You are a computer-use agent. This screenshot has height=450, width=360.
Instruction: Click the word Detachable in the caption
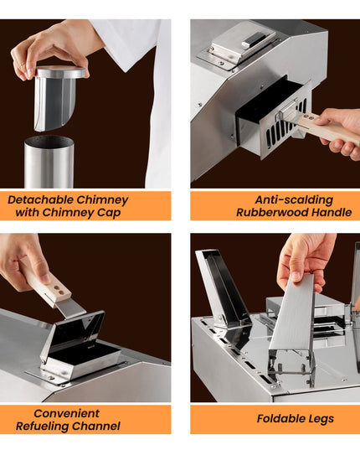pyautogui.click(x=41, y=199)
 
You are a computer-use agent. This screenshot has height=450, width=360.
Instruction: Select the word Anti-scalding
pyautogui.click(x=294, y=199)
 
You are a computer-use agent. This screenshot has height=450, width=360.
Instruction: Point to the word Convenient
pyautogui.click(x=66, y=413)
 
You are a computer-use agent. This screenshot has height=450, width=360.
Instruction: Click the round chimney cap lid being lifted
pyautogui.click(x=61, y=72)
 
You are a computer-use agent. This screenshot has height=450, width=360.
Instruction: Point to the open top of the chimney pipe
pyautogui.click(x=49, y=141)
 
